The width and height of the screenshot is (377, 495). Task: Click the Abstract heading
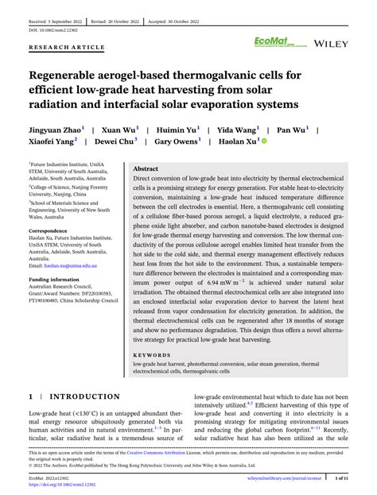[x=146, y=169]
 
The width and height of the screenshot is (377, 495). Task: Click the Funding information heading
[x=56, y=280]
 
